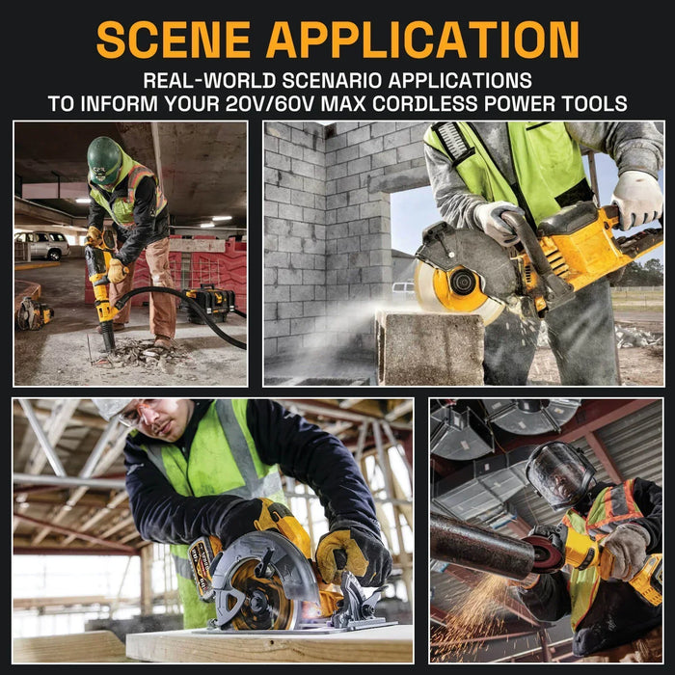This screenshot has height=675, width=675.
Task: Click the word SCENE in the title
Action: (x=174, y=40)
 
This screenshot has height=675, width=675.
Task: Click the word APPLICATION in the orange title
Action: (x=422, y=40)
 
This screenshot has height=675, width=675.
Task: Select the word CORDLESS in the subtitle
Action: (x=425, y=104)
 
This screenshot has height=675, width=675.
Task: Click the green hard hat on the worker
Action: (x=104, y=160)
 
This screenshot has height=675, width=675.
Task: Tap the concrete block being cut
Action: (x=430, y=347)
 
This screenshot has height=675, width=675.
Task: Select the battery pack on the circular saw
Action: (x=203, y=567)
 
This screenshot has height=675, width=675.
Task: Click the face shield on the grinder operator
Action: (x=558, y=474)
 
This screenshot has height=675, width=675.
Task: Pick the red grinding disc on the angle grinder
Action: (x=545, y=554)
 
